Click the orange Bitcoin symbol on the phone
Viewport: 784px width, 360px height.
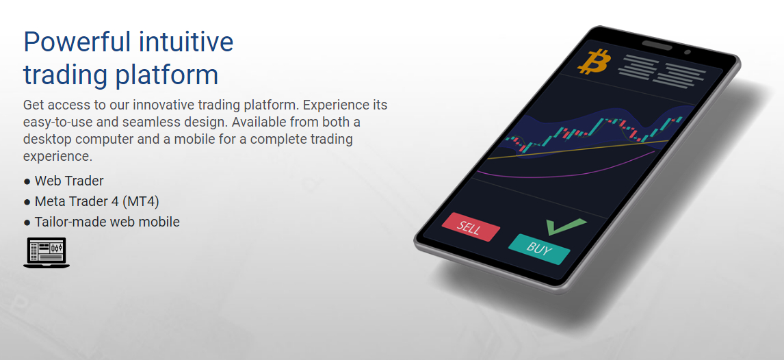594,62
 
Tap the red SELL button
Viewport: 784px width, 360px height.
471,227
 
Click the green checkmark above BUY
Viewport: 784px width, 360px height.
565,226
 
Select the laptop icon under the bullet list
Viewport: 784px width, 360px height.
47,253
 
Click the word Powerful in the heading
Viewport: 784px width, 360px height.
77,42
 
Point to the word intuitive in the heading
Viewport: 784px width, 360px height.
186,41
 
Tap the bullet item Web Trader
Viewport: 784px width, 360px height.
69,181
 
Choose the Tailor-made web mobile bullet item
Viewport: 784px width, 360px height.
107,222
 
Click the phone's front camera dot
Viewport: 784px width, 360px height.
688,52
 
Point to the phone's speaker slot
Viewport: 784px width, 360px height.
657,45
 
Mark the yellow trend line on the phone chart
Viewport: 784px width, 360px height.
577,149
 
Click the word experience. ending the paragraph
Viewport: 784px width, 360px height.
58,156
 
